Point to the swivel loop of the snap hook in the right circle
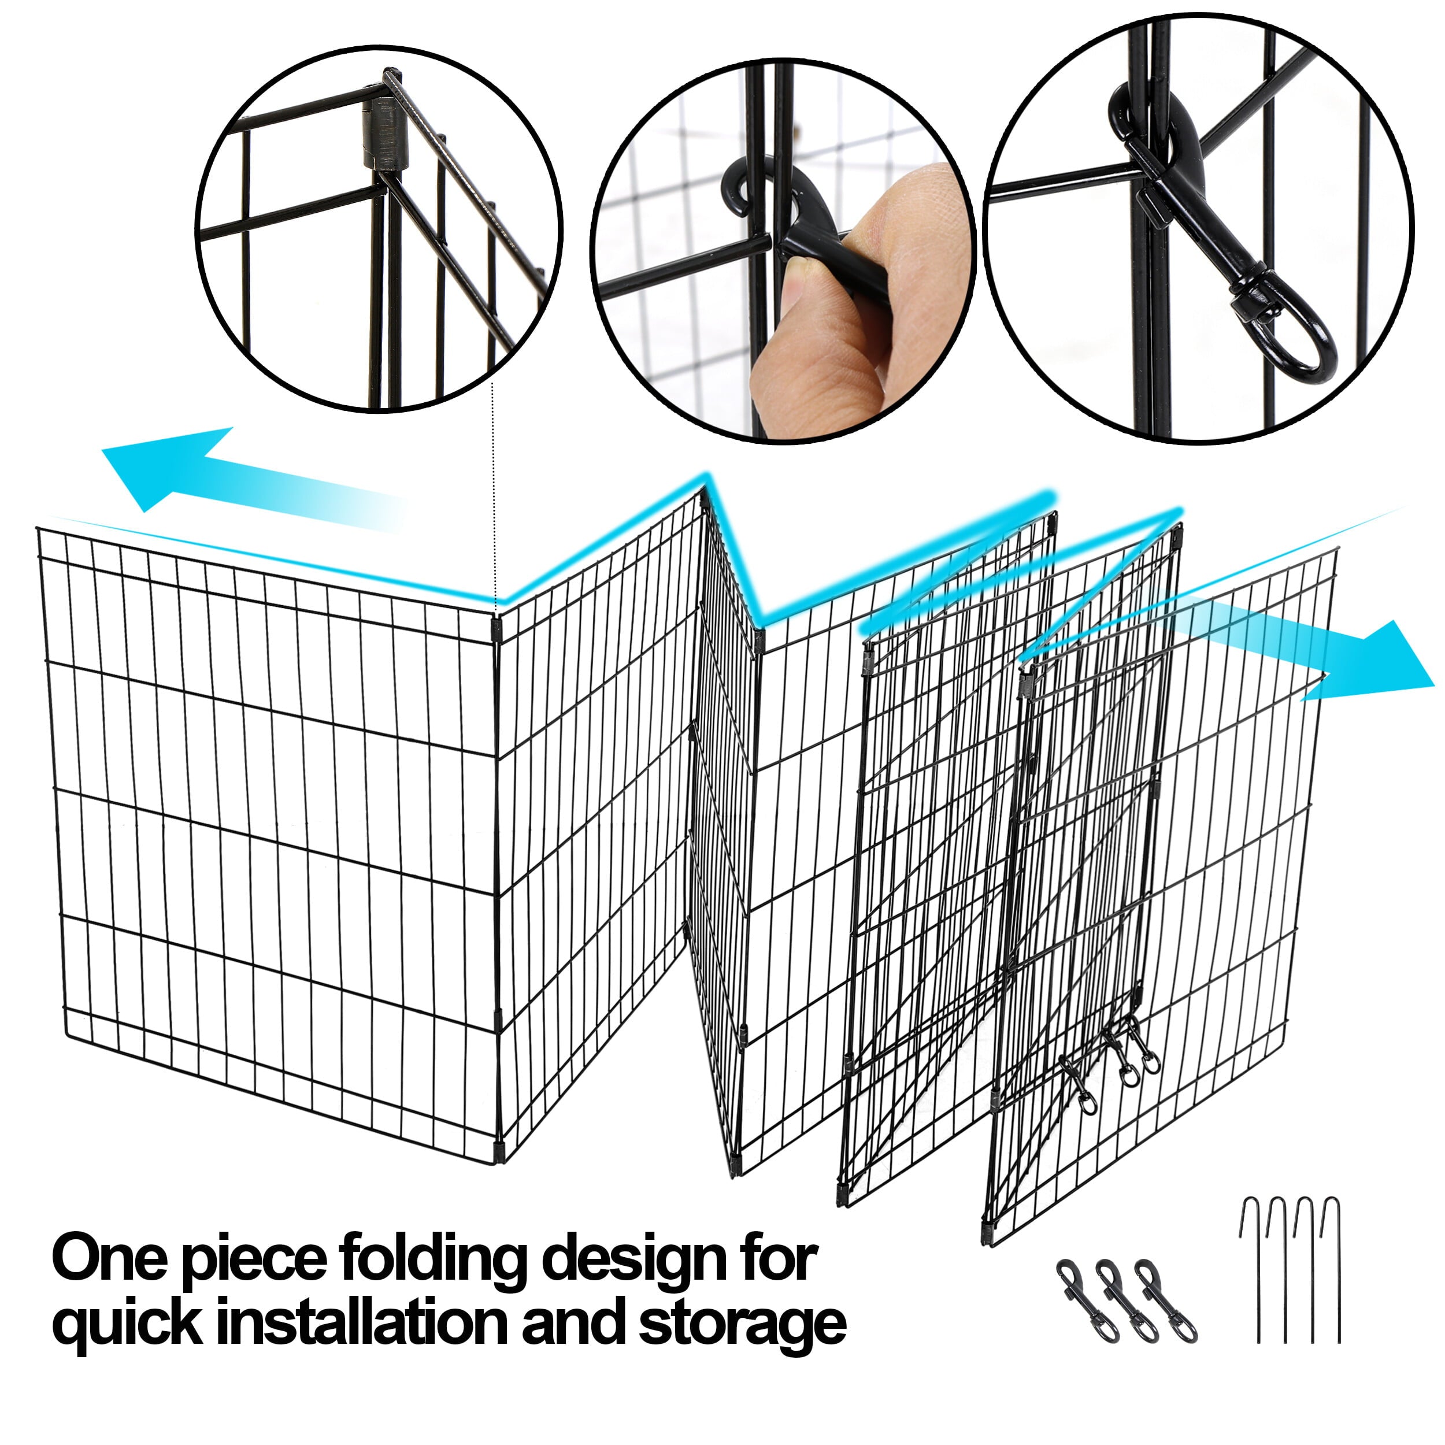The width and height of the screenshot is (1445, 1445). pyautogui.click(x=1302, y=336)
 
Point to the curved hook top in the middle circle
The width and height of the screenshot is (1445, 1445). pyautogui.click(x=737, y=187)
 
